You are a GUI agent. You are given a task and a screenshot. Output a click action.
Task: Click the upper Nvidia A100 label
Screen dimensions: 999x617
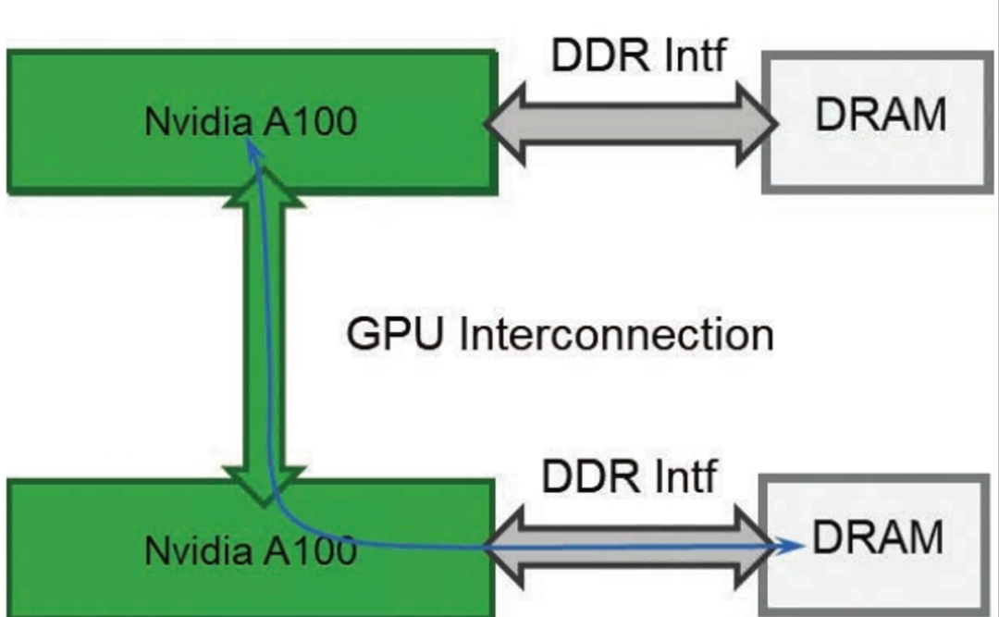click(251, 120)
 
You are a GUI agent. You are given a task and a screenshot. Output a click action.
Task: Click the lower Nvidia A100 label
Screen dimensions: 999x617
click(251, 550)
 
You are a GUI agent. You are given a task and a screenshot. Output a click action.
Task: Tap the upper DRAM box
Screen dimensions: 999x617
click(879, 122)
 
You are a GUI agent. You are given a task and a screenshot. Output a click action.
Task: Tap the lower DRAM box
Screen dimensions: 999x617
click(874, 545)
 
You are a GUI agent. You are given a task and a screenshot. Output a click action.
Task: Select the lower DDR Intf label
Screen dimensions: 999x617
click(629, 476)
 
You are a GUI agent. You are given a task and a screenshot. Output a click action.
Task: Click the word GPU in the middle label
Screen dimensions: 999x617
click(394, 333)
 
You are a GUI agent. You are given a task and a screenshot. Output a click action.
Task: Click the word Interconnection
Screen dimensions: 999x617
click(616, 333)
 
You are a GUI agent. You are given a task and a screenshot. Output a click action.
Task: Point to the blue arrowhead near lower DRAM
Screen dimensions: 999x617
click(790, 545)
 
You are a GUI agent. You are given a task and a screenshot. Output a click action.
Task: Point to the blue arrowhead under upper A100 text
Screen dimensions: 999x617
click(254, 149)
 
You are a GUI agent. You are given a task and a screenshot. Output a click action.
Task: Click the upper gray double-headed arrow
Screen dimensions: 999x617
click(631, 124)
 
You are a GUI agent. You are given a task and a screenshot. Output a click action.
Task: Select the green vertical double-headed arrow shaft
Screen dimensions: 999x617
click(264, 338)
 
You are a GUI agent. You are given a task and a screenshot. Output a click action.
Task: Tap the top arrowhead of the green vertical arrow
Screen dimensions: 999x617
click(264, 188)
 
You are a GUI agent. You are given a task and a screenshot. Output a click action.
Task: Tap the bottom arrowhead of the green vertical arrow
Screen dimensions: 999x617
click(264, 487)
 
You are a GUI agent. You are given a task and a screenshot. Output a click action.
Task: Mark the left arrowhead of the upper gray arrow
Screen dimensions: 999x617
click(505, 124)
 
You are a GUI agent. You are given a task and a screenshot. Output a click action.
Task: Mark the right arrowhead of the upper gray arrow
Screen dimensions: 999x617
click(758, 124)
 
